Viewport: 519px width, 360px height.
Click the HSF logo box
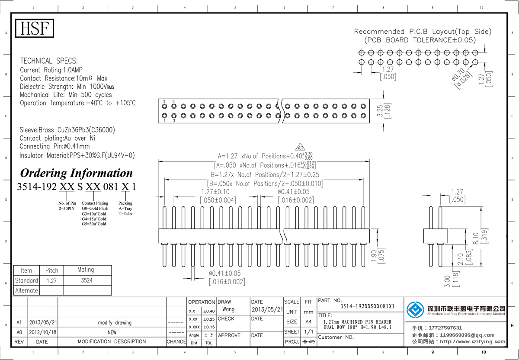(35, 29)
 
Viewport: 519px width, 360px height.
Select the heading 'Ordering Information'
(77, 173)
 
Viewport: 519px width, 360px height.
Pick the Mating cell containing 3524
(85, 280)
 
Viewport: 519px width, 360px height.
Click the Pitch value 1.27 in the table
(51, 280)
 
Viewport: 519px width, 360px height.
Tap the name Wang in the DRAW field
(228, 310)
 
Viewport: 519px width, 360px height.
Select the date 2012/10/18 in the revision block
(42, 332)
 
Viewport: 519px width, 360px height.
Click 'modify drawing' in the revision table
(112, 323)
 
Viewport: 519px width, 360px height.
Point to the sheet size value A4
(308, 321)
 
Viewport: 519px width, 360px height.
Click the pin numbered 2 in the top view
(164, 106)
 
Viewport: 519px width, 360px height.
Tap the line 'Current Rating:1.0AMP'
(51, 70)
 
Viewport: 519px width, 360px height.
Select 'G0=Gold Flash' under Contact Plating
(95, 209)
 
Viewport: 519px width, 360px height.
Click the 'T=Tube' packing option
(125, 214)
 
